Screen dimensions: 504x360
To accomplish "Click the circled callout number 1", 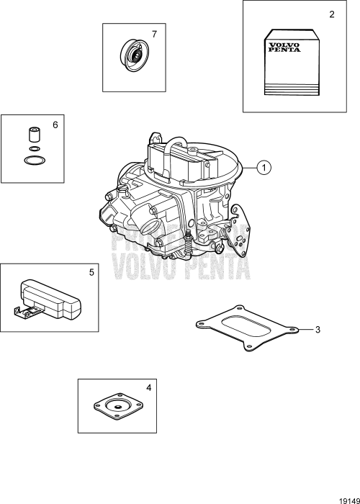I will (x=265, y=168).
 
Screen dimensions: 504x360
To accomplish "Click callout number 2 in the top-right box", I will (x=331, y=14).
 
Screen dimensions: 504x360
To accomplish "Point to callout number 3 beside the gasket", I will (x=317, y=330).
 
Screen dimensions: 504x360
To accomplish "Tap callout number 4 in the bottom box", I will (x=148, y=388).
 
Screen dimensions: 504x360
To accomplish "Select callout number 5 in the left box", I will (x=91, y=274).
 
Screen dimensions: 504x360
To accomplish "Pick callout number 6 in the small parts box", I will (x=55, y=125).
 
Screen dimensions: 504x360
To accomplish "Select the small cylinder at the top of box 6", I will (x=32, y=135).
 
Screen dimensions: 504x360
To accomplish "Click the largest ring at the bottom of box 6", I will (x=33, y=160).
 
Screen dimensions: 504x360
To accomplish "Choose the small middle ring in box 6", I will (x=32, y=149).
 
